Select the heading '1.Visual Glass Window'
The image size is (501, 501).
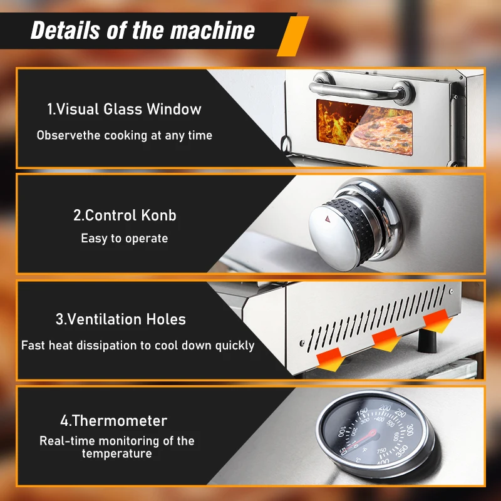coord(124,109)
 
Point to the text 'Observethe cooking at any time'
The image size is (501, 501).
coord(124,135)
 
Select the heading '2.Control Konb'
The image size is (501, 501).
coord(125,215)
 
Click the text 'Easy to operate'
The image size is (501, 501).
coord(124,239)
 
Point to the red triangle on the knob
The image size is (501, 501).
coord(328,220)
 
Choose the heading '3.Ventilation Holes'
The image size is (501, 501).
coord(120,319)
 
